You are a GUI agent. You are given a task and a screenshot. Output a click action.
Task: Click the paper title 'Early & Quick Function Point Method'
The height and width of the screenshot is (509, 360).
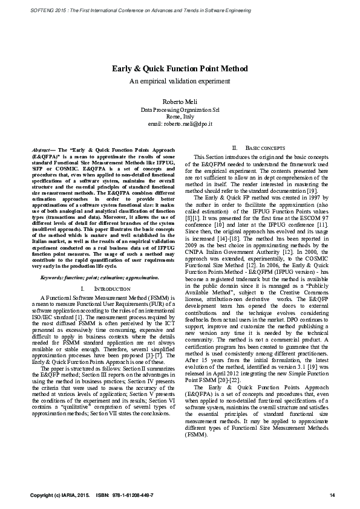pyautogui.click(x=180, y=70)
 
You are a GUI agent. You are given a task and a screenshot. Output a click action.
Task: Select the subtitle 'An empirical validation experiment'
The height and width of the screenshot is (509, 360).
pyautogui.click(x=180, y=81)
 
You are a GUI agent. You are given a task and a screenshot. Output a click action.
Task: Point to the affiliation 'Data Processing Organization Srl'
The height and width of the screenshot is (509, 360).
pyautogui.click(x=180, y=109)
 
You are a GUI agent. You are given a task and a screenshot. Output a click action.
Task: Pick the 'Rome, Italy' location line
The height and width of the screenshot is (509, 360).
pyautogui.click(x=180, y=116)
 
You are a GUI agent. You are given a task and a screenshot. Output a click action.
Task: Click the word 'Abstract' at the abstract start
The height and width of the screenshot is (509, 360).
pyautogui.click(x=41, y=149)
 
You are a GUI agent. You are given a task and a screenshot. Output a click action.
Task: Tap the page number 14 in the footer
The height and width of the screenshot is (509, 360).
pyautogui.click(x=332, y=496)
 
